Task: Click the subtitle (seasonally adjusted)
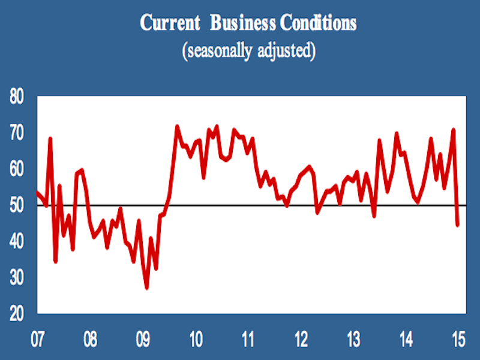(248, 50)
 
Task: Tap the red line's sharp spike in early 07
(50, 139)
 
